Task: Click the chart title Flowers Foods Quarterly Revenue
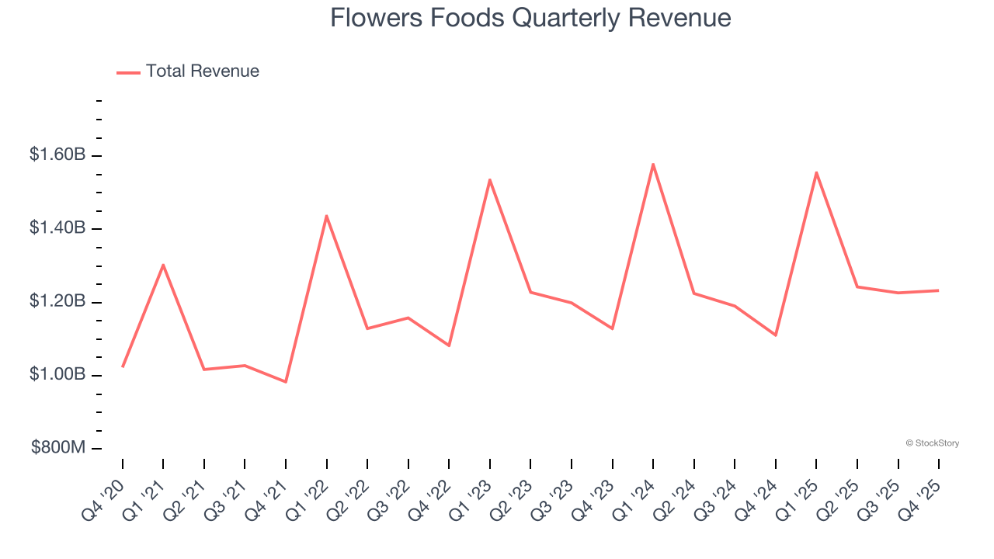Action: (x=530, y=18)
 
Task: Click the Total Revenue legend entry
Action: (x=188, y=71)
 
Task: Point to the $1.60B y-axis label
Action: (x=57, y=155)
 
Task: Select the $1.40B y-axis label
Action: (x=57, y=228)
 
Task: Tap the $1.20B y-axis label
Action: (x=57, y=301)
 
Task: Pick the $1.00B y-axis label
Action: (x=57, y=375)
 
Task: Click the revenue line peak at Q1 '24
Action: (x=653, y=164)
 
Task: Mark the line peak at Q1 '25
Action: (x=816, y=172)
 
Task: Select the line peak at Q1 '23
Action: (x=490, y=179)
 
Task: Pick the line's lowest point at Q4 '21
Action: (x=286, y=382)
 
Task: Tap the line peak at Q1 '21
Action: (x=163, y=265)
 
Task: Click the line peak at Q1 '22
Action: (x=326, y=215)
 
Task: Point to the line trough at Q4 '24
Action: (x=776, y=335)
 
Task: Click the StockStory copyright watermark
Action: (x=932, y=443)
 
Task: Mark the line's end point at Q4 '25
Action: (x=938, y=290)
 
